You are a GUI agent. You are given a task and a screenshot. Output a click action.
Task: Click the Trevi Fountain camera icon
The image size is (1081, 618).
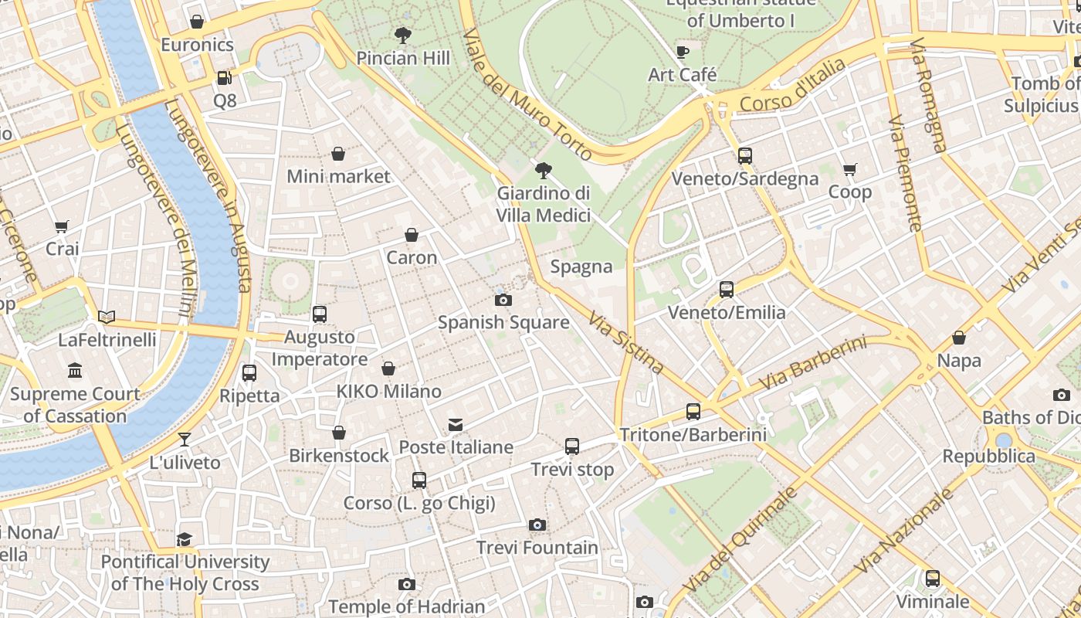click(537, 525)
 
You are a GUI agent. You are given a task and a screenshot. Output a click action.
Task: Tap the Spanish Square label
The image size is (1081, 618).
click(503, 322)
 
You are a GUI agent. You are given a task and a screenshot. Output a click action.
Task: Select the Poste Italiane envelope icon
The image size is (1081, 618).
click(456, 425)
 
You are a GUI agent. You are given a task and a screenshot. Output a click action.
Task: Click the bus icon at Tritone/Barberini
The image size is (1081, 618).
click(693, 412)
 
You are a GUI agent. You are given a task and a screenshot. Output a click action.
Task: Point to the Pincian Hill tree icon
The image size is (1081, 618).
click(402, 35)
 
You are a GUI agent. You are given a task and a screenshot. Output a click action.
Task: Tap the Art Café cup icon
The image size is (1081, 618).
click(682, 52)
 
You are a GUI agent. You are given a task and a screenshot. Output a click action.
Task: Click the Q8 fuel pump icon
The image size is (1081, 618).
click(224, 77)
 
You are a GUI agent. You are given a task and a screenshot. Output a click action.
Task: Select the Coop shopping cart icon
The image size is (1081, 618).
click(850, 169)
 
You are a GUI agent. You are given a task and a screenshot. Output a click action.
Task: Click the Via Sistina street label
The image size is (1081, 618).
click(625, 342)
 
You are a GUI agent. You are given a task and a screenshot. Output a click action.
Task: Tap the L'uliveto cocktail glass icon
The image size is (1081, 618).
click(185, 440)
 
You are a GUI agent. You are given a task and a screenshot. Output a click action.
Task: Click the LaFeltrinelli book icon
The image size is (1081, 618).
click(107, 317)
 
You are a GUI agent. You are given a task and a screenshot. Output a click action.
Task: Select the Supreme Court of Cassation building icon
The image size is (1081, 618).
click(75, 372)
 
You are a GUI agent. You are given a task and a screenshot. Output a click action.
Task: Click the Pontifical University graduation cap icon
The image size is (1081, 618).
click(184, 539)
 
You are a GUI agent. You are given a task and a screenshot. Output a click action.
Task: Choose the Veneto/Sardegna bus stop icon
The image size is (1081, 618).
click(744, 156)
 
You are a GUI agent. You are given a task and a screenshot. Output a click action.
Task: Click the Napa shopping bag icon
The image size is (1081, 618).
click(959, 338)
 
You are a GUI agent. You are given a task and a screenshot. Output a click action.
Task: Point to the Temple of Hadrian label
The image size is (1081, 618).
click(407, 606)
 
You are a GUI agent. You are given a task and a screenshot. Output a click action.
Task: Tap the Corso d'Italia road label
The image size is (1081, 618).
click(792, 87)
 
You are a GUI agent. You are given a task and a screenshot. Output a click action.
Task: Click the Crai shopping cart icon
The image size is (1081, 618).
click(62, 226)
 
